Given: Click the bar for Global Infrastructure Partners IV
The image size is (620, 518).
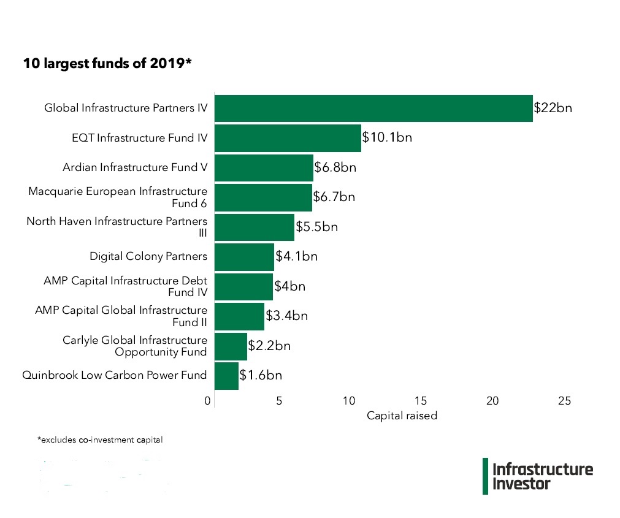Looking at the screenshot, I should (x=373, y=109).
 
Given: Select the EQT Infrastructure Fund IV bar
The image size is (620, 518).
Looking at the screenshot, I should (x=288, y=138).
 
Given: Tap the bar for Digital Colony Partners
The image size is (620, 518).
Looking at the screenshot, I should (x=244, y=256).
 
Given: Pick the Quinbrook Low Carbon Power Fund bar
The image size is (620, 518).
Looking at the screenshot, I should (x=226, y=375).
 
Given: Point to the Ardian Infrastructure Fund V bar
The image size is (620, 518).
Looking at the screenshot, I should (x=264, y=167).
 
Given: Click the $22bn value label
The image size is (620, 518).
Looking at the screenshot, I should (x=553, y=109).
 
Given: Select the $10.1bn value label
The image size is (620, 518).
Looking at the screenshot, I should (x=387, y=137).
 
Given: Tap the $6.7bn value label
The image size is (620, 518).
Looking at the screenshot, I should (x=334, y=197).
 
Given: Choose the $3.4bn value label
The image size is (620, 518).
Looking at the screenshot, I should (x=286, y=316).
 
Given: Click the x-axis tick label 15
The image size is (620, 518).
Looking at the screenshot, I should (x=421, y=401).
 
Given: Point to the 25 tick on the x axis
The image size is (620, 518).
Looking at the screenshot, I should (x=564, y=401).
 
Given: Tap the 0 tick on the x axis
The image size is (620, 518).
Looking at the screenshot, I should (x=209, y=401).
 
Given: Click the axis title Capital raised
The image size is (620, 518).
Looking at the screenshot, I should (x=402, y=416).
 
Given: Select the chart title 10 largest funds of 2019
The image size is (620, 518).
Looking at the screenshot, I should (x=107, y=63).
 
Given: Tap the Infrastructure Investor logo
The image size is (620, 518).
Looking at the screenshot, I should (x=538, y=476).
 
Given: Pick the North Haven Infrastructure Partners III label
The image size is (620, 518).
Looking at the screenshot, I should (x=117, y=227).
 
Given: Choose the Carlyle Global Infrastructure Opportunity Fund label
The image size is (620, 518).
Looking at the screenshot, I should (x=135, y=346).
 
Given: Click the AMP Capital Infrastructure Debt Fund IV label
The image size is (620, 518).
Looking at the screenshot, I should (x=125, y=286).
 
